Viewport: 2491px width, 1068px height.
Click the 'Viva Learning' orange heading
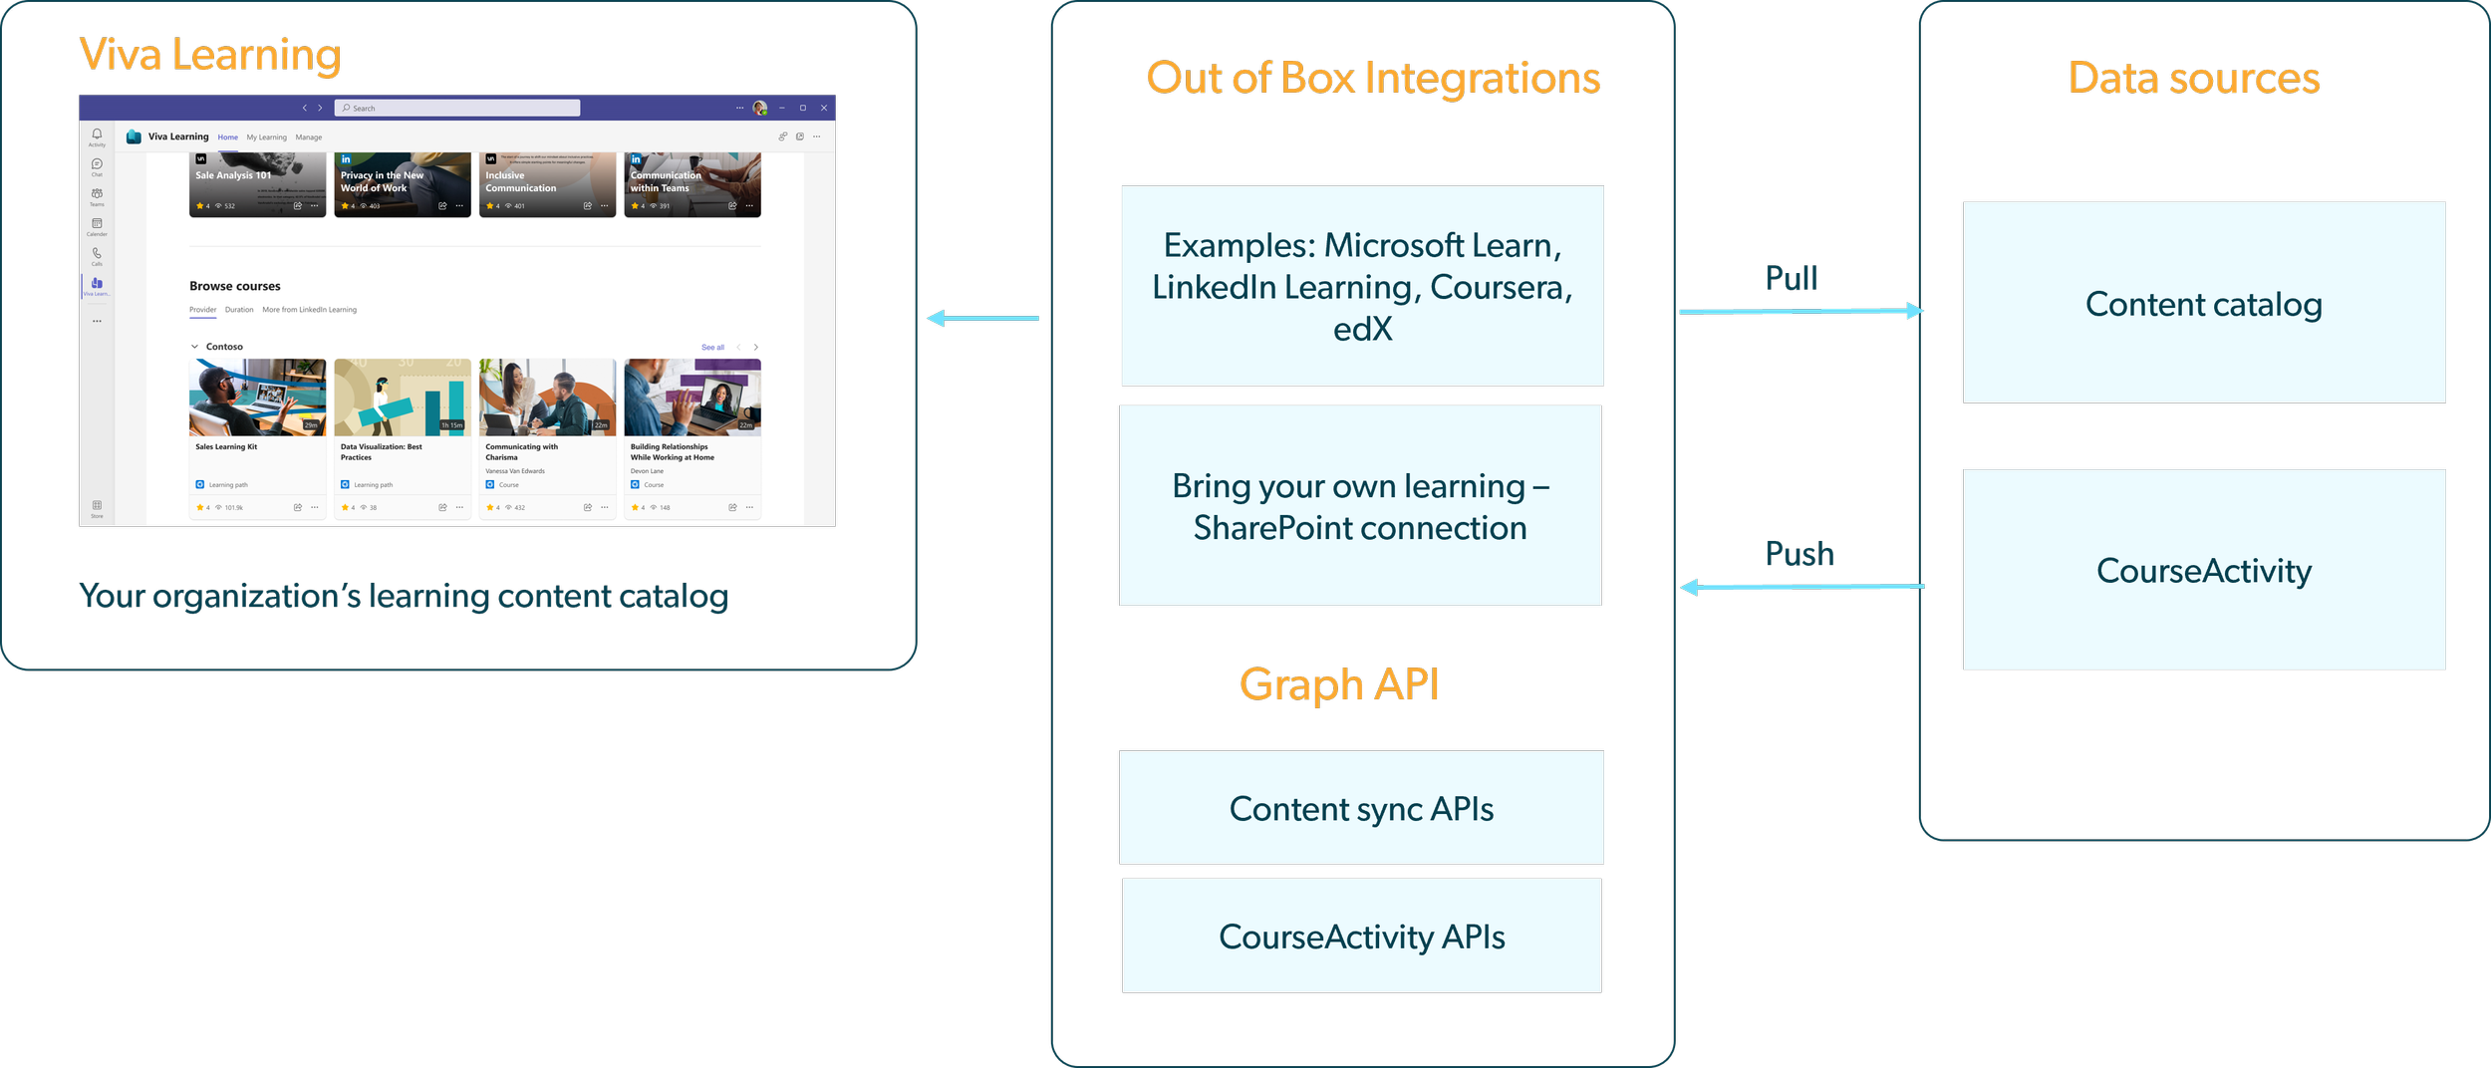(x=210, y=55)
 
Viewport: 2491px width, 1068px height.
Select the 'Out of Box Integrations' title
(x=1373, y=78)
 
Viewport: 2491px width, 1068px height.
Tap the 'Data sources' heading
(x=2194, y=78)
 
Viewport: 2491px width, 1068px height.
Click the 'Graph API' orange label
(x=1339, y=684)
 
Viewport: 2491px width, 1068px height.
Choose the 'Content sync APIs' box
(x=1361, y=808)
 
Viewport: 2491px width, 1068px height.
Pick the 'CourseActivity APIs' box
(x=1361, y=935)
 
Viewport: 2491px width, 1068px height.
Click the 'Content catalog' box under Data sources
(x=2203, y=304)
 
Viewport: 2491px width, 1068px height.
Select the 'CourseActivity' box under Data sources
(x=2203, y=570)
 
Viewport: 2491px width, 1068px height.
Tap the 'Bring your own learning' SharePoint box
(x=1360, y=506)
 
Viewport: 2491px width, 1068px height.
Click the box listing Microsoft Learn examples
(x=1362, y=286)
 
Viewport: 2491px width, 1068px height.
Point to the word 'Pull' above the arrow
(x=1792, y=278)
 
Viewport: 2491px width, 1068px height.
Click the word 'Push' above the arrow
(x=1799, y=554)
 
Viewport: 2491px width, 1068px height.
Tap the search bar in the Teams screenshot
(x=457, y=108)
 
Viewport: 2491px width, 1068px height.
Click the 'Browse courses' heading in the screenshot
(x=235, y=286)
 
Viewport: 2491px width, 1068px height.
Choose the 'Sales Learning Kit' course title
(x=226, y=446)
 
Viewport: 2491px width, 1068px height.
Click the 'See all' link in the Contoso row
(x=712, y=347)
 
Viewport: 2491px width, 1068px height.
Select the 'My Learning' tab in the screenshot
(x=266, y=137)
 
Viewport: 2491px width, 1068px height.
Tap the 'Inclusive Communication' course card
(x=547, y=184)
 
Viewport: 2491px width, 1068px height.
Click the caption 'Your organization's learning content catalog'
(x=404, y=596)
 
